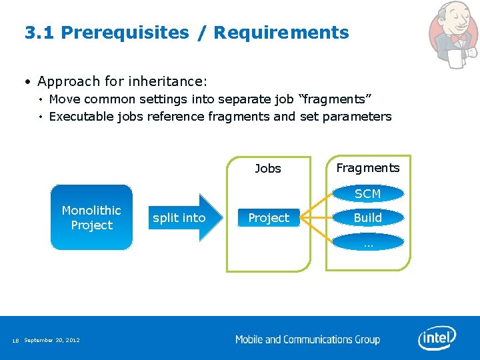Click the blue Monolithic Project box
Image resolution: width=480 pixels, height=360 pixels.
[x=91, y=217]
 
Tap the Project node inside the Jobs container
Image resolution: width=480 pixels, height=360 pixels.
[x=269, y=218]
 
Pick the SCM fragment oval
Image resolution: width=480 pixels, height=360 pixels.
[x=367, y=194]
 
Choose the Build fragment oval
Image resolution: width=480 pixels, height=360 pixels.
[x=367, y=218]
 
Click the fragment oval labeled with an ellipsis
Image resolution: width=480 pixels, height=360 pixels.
[x=367, y=243]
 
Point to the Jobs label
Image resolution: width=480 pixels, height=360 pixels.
[x=268, y=169]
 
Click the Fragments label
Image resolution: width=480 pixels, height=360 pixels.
[x=367, y=168]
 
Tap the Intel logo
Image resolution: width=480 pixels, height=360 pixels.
[x=437, y=338]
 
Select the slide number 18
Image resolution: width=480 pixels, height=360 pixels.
[x=15, y=341]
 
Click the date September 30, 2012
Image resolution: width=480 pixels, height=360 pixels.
[x=51, y=341]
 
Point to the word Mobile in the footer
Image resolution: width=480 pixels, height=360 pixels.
[x=249, y=339]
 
